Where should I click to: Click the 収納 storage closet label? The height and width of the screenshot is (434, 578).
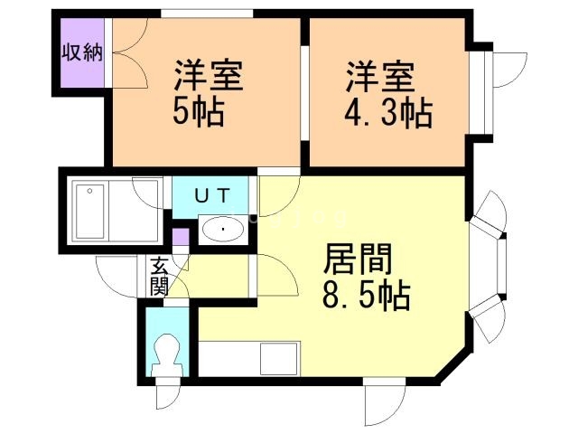point(82,52)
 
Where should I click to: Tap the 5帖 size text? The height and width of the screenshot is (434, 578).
point(199,111)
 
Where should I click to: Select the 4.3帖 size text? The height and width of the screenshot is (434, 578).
point(388,112)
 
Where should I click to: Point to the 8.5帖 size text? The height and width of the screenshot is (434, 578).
point(367,296)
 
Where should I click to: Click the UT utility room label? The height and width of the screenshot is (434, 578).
point(213,195)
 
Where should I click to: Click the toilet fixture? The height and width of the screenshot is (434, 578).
point(168,355)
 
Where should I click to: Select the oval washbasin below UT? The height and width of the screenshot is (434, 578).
point(223,229)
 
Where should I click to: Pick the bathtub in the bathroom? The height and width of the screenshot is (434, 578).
point(89,212)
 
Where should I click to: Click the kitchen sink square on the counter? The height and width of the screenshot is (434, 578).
point(279,359)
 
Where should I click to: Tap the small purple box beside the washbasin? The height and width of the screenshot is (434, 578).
point(181,237)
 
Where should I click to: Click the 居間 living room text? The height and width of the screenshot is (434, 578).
point(358,259)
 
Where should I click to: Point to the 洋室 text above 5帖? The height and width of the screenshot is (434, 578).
point(209,75)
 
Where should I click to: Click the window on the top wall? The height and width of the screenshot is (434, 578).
point(207,14)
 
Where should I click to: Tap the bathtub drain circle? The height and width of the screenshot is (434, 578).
point(89,191)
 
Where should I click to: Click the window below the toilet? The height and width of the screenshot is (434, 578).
point(168,382)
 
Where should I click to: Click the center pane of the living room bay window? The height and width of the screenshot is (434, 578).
point(502,267)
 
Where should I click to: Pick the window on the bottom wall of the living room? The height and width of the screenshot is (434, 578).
point(385,382)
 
